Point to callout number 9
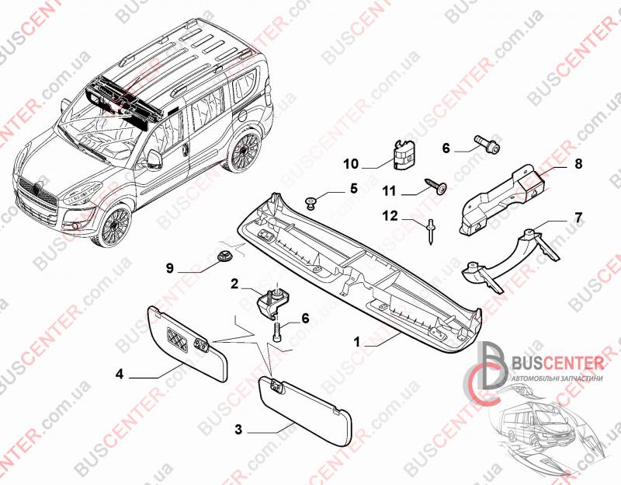[x=168, y=269]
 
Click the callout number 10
[x=351, y=163]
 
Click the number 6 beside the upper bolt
[x=446, y=147]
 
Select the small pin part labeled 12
[x=429, y=231]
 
